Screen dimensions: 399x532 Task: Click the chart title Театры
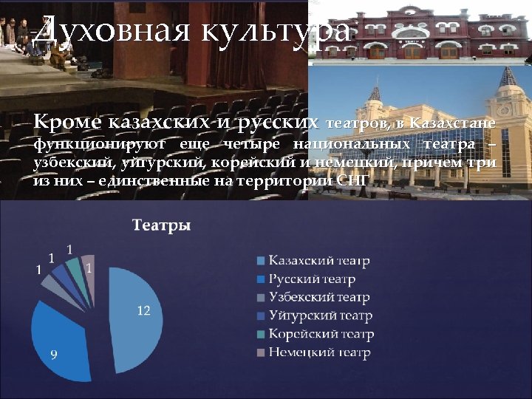(161, 225)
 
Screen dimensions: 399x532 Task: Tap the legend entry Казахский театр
(318, 261)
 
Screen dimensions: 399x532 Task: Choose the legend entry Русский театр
(311, 279)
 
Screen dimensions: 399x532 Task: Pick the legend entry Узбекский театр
(318, 298)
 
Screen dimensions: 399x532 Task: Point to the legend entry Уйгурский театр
(318, 316)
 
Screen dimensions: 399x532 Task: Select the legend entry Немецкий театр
(318, 353)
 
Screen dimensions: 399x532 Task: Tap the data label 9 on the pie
(53, 355)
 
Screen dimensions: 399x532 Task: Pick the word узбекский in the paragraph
(66, 162)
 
